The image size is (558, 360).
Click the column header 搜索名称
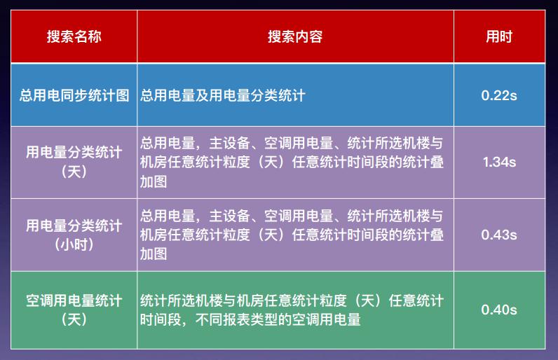point(74,36)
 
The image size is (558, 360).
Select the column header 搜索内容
point(295,36)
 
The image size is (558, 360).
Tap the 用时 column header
point(499,36)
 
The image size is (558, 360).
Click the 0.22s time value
point(499,95)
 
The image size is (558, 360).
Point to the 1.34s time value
point(499,162)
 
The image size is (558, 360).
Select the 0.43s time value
point(499,235)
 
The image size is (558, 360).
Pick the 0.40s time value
point(499,310)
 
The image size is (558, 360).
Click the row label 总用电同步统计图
point(74,95)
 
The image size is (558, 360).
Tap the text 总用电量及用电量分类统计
point(223,95)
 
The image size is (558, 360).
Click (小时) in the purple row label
point(74,244)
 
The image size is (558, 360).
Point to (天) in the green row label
point(74,319)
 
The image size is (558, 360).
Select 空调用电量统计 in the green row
point(74,300)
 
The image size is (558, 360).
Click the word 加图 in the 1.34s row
point(154,181)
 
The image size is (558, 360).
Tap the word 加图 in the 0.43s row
point(154,254)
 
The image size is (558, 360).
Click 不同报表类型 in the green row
point(236,319)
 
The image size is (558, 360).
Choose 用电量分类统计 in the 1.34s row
point(74,153)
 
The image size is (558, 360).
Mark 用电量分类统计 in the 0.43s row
point(74,226)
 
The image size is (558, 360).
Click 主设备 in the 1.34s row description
point(229,143)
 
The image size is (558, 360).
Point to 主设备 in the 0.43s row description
point(229,216)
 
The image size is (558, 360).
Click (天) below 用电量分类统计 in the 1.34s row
point(74,172)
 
